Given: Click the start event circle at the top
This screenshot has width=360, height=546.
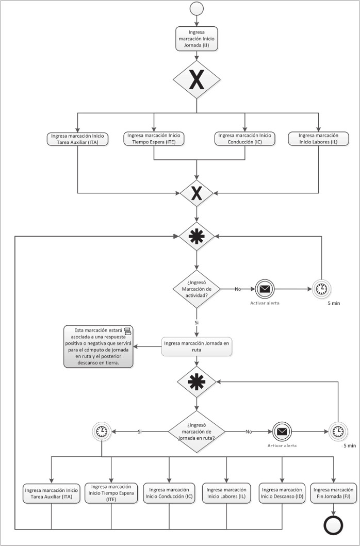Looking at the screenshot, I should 197,9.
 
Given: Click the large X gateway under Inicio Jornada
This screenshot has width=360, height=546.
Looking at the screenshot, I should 197,79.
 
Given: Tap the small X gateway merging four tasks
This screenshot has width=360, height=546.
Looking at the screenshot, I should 197,193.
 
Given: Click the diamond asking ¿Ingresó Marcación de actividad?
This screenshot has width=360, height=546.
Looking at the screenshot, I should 197,289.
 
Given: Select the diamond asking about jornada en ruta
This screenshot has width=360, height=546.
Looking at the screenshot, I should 197,431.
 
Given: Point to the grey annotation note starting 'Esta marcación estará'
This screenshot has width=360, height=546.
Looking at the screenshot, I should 98,346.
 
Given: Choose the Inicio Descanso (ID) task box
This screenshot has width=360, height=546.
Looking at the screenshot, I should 282,493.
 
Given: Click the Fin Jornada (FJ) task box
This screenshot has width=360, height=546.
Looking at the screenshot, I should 334,493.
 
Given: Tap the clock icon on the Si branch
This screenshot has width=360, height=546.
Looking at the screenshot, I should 102,432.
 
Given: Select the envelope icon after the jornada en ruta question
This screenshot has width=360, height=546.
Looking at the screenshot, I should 281,431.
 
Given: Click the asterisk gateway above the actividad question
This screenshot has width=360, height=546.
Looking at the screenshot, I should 197,237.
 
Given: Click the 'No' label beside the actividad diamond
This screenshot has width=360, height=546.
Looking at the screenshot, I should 238,289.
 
